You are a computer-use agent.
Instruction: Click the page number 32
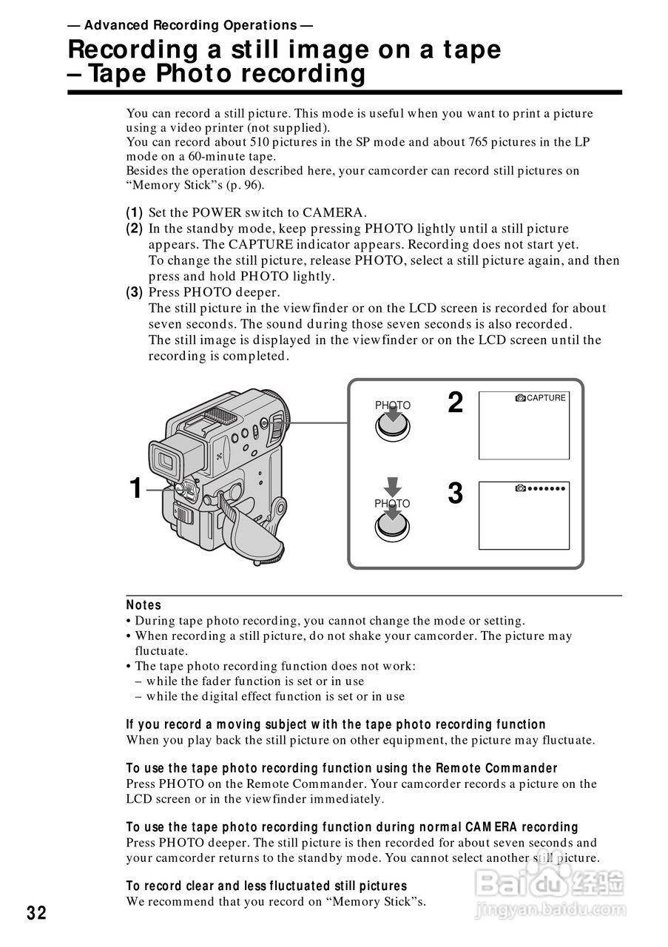point(36,913)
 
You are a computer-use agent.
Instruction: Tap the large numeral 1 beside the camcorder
point(135,488)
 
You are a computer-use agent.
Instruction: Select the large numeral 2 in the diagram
point(456,403)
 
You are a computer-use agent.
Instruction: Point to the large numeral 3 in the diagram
point(456,493)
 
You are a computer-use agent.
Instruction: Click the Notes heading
point(144,605)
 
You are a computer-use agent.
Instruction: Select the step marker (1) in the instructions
point(135,213)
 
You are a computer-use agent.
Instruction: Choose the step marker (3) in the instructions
point(135,292)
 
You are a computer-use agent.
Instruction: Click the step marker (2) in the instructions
point(135,229)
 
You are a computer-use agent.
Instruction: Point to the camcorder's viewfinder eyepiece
point(167,462)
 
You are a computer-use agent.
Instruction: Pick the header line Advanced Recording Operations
point(189,25)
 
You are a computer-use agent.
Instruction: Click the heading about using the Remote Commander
point(342,769)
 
